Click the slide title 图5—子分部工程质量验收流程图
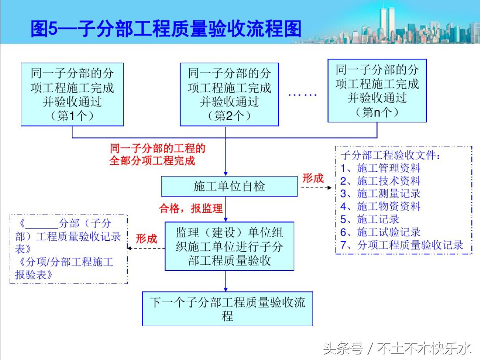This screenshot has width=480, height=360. (x=166, y=29)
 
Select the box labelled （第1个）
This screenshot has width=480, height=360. (x=72, y=95)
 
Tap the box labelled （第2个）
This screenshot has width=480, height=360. (x=229, y=95)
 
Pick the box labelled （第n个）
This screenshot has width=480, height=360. (x=377, y=91)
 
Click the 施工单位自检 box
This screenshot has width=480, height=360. (x=229, y=186)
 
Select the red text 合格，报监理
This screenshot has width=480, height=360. (x=191, y=209)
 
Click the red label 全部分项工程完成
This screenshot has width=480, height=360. (x=152, y=161)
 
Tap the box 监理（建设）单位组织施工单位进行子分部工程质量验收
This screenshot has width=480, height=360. (x=229, y=246)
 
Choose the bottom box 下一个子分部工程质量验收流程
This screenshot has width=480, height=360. (x=227, y=309)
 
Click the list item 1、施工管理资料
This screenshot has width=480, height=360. (x=381, y=168)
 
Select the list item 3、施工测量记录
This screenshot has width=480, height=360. (x=381, y=193)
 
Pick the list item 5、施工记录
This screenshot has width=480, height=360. (x=370, y=219)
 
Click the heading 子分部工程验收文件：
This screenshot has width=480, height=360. (x=391, y=156)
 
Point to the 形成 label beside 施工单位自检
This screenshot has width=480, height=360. (x=313, y=178)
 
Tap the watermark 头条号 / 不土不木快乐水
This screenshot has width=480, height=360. (x=397, y=348)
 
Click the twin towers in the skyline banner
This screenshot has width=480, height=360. (x=387, y=22)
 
